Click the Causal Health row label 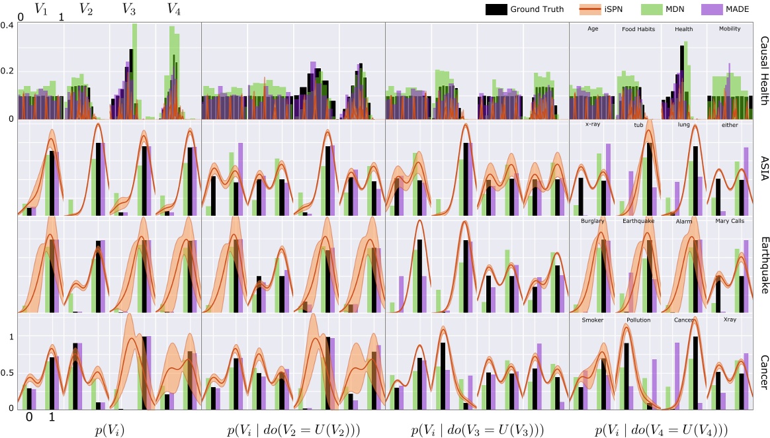(763, 71)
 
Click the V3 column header (130, 9)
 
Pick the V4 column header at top (174, 9)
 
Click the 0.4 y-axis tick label (7, 25)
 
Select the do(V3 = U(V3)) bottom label (477, 429)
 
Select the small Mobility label (730, 28)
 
